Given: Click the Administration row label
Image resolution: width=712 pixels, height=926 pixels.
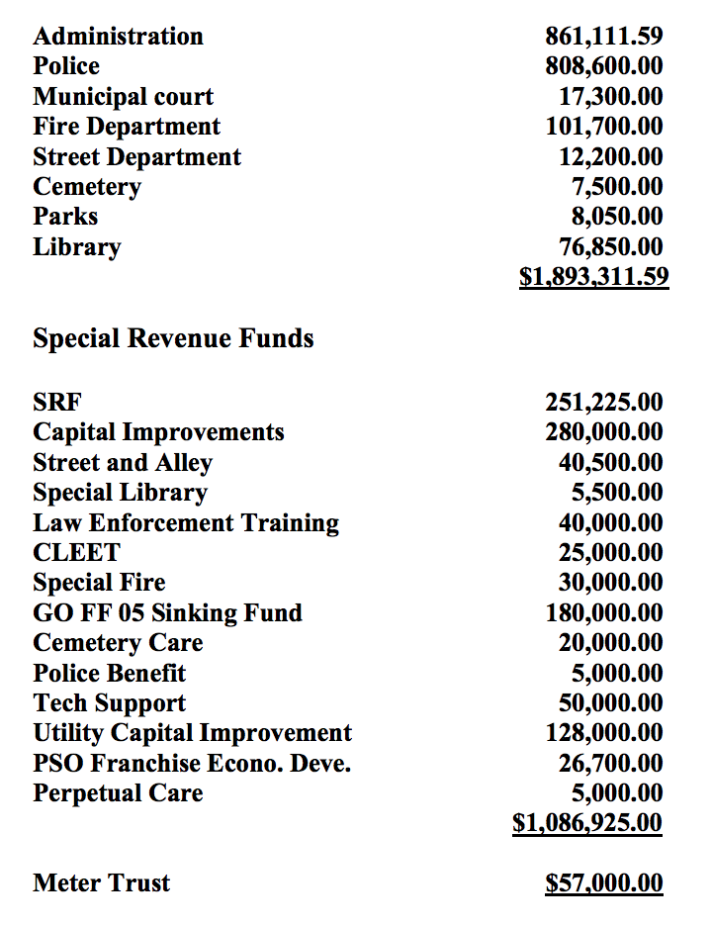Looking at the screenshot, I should tap(118, 37).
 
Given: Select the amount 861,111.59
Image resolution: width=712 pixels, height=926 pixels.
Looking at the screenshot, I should tap(603, 37).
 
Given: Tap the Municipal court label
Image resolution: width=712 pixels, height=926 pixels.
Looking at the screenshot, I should tap(123, 97).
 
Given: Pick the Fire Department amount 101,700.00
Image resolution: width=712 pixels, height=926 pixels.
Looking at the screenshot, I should tap(603, 127).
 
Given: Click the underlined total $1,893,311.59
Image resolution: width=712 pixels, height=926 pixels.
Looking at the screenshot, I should tap(593, 276).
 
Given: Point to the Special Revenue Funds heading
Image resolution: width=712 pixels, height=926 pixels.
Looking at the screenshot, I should tap(173, 338).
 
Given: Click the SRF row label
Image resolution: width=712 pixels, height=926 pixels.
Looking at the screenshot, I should tap(57, 403).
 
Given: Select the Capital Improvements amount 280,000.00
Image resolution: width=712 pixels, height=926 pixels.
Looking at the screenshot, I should tap(603, 432).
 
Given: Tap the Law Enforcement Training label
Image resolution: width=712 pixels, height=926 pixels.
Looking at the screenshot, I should tap(186, 523).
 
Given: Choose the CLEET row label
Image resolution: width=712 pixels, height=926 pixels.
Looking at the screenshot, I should tap(76, 553).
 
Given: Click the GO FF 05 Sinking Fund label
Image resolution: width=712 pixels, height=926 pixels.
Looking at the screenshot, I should tap(167, 613).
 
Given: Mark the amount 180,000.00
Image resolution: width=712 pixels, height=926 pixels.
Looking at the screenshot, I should tap(603, 613).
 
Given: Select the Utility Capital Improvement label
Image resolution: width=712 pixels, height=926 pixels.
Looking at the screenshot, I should tap(192, 733).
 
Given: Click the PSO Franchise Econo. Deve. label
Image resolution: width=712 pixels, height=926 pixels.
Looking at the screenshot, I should tap(192, 764).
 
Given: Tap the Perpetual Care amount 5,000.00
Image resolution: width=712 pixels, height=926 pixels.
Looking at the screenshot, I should tap(616, 793).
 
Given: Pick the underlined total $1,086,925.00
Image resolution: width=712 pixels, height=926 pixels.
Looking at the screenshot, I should tap(587, 823).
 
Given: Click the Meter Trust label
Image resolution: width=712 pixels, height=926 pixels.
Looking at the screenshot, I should tap(101, 883).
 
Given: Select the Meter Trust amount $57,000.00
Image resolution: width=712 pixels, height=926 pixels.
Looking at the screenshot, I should tap(603, 883).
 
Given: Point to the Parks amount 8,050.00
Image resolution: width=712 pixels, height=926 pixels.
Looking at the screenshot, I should tap(616, 217).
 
